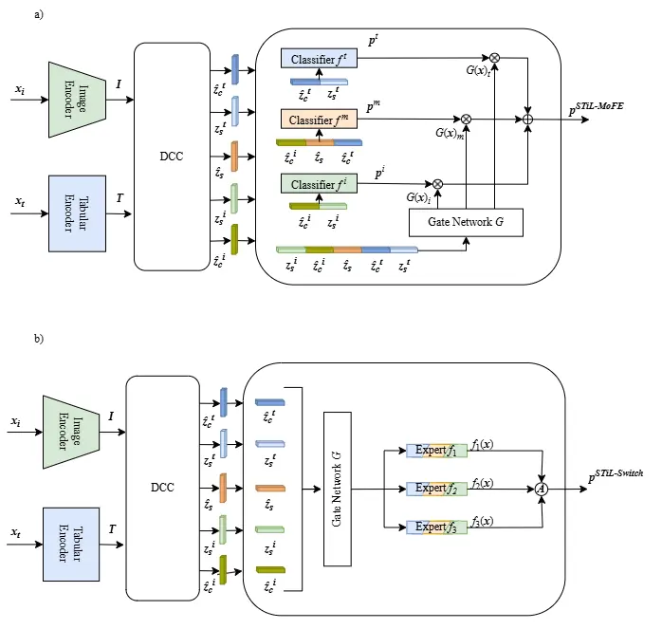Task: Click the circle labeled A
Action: point(542,488)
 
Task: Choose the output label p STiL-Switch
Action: point(610,475)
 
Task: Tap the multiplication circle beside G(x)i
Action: point(438,183)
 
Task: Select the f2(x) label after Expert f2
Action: point(479,483)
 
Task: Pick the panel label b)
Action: point(38,338)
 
